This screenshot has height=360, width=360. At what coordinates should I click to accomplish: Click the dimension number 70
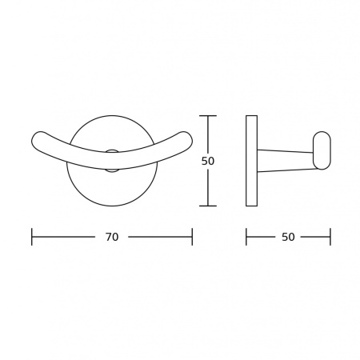pos(112,237)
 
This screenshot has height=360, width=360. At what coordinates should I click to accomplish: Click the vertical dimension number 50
pos(208,161)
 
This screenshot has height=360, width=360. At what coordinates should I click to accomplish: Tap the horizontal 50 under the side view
pos(288,237)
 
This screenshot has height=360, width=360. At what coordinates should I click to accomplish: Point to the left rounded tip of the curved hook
pos(34,141)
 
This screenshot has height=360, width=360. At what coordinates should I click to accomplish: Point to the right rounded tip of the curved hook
pos(190,141)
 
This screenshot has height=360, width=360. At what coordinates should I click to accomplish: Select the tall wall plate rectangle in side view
pos(251,161)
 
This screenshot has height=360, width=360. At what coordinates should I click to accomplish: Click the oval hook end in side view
pos(322,150)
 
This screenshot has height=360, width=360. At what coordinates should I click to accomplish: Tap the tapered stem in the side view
pos(285,161)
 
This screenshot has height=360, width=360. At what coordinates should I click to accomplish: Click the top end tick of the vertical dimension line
pos(208,116)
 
